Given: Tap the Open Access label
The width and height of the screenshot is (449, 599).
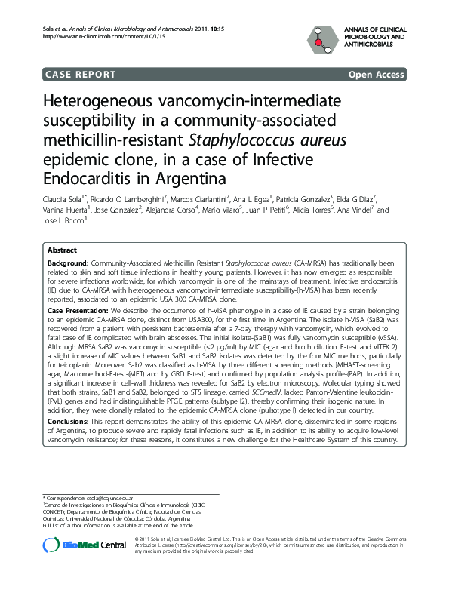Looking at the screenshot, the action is point(376,75).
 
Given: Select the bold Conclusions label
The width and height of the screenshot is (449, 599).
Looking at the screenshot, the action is point(70,421).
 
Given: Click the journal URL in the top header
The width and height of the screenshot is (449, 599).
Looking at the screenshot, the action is point(82,36).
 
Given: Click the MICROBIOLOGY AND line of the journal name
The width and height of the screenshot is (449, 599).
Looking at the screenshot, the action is point(375,36).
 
